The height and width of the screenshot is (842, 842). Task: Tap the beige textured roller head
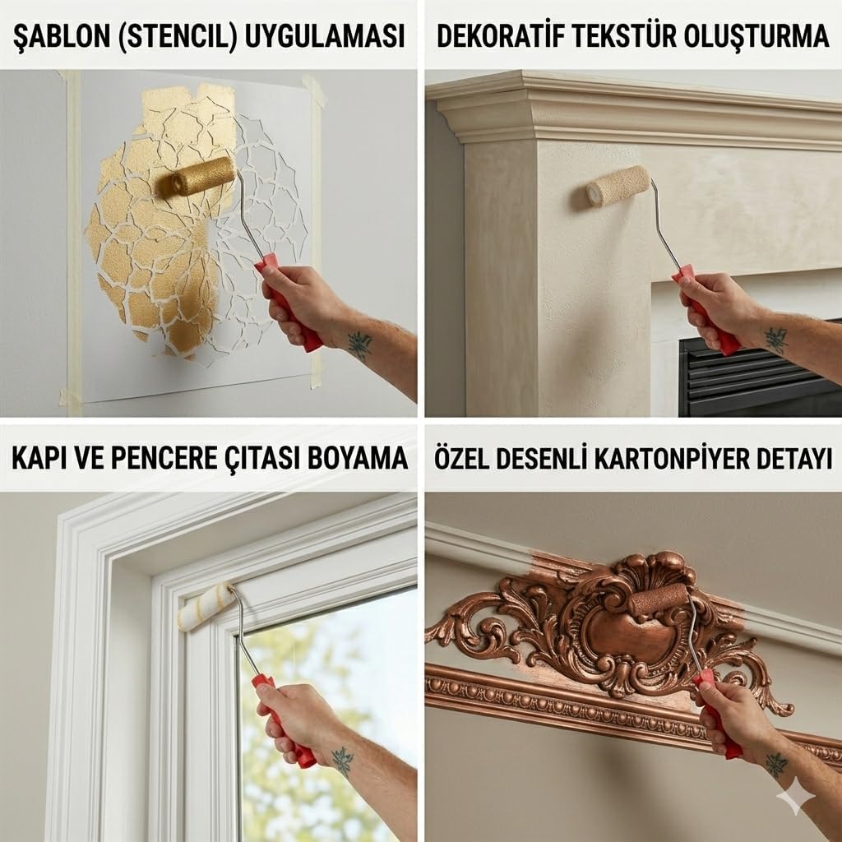[618, 185]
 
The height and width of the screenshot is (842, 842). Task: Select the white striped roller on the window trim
[206, 607]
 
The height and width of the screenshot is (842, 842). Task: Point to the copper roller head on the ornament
[659, 599]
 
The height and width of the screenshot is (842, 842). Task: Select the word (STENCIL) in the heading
[178, 36]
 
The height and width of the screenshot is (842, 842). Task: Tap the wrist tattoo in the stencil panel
[359, 345]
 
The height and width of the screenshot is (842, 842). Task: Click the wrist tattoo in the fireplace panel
[776, 340]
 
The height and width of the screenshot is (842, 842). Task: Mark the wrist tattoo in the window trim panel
[342, 761]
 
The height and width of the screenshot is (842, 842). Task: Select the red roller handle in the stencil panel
[289, 303]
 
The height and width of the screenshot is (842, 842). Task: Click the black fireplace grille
[761, 376]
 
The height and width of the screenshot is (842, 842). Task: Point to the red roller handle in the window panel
[284, 720]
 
